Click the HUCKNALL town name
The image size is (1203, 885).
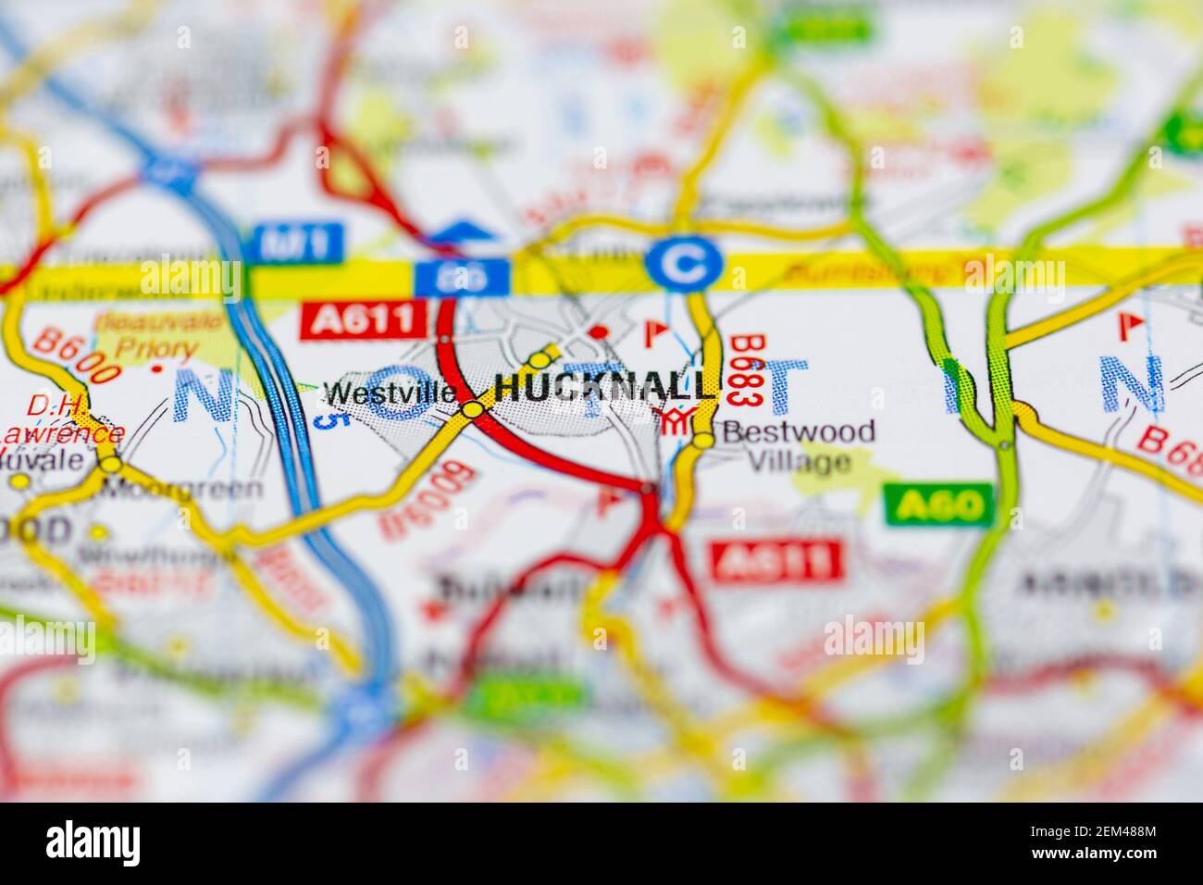(x=605, y=387)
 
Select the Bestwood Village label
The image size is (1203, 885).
(x=798, y=445)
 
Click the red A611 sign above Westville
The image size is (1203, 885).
(x=363, y=320)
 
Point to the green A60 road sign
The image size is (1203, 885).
(x=936, y=505)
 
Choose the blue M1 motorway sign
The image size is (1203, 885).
(x=299, y=243)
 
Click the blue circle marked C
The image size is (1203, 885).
(x=685, y=263)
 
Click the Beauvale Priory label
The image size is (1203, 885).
(x=157, y=335)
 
